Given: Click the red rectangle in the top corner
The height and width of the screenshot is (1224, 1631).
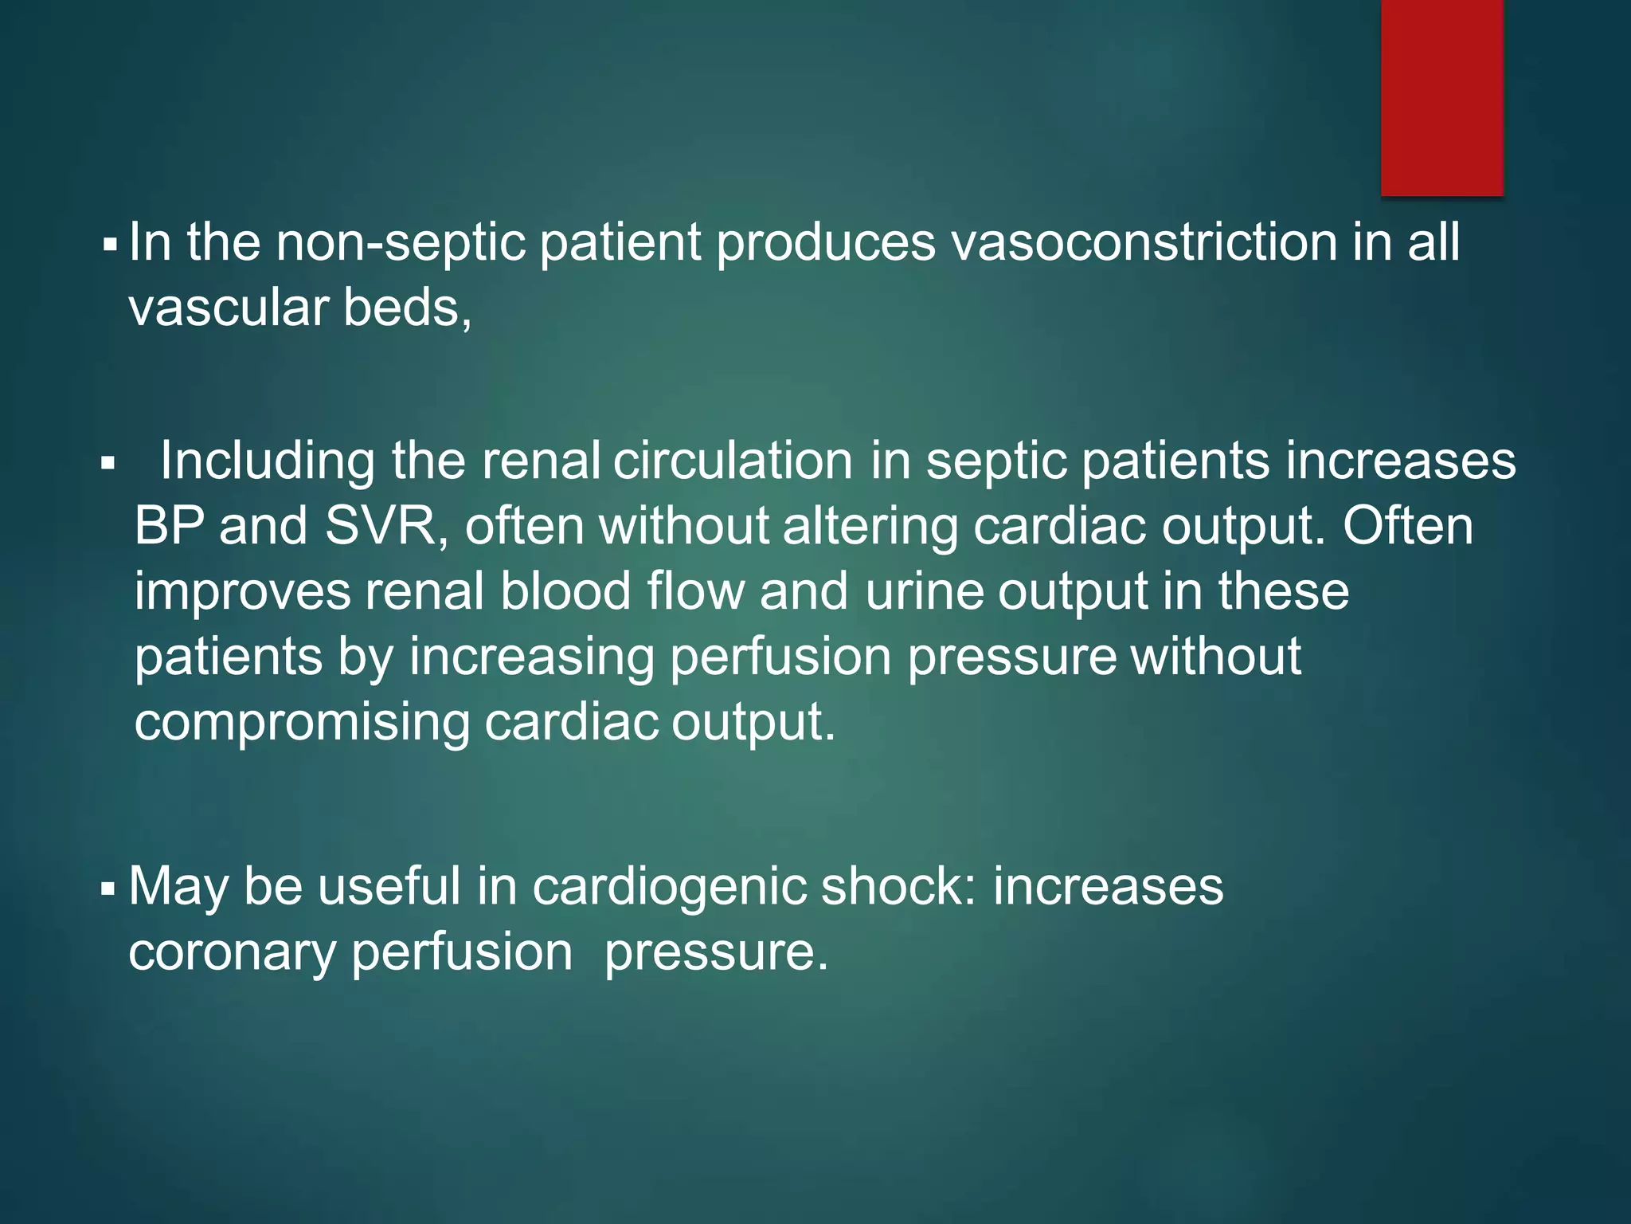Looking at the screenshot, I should [x=1441, y=97].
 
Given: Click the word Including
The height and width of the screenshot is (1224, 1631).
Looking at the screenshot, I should [x=268, y=461].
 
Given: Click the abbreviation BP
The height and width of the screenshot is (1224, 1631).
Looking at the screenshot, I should [x=168, y=527].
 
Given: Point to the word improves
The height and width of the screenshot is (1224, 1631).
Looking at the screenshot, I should [x=242, y=592].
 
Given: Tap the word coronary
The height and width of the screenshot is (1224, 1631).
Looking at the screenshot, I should [x=232, y=952].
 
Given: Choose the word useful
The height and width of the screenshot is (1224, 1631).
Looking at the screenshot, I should [x=389, y=887].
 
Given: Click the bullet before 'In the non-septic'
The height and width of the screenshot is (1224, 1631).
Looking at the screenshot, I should [x=109, y=242].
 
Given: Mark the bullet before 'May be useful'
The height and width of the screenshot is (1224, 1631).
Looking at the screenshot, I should [x=109, y=888].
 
